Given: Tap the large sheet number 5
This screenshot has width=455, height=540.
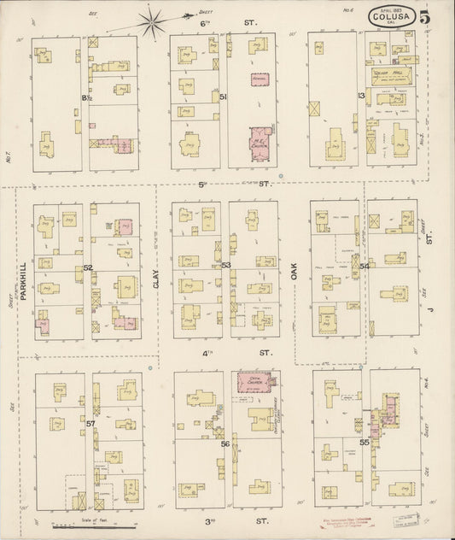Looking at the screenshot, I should pyautogui.click(x=435, y=15).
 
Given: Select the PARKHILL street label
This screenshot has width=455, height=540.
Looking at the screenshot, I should pyautogui.click(x=24, y=279).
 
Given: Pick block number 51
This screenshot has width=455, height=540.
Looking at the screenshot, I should pyautogui.click(x=223, y=97).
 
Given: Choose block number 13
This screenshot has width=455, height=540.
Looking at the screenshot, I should pyautogui.click(x=362, y=96).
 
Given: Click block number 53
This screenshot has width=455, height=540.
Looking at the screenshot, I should pyautogui.click(x=225, y=266).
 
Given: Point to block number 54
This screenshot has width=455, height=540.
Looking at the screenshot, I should pyautogui.click(x=364, y=266).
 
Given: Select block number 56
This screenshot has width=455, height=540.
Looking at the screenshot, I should pyautogui.click(x=225, y=444).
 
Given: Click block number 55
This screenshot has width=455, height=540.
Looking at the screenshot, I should pyautogui.click(x=364, y=443).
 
